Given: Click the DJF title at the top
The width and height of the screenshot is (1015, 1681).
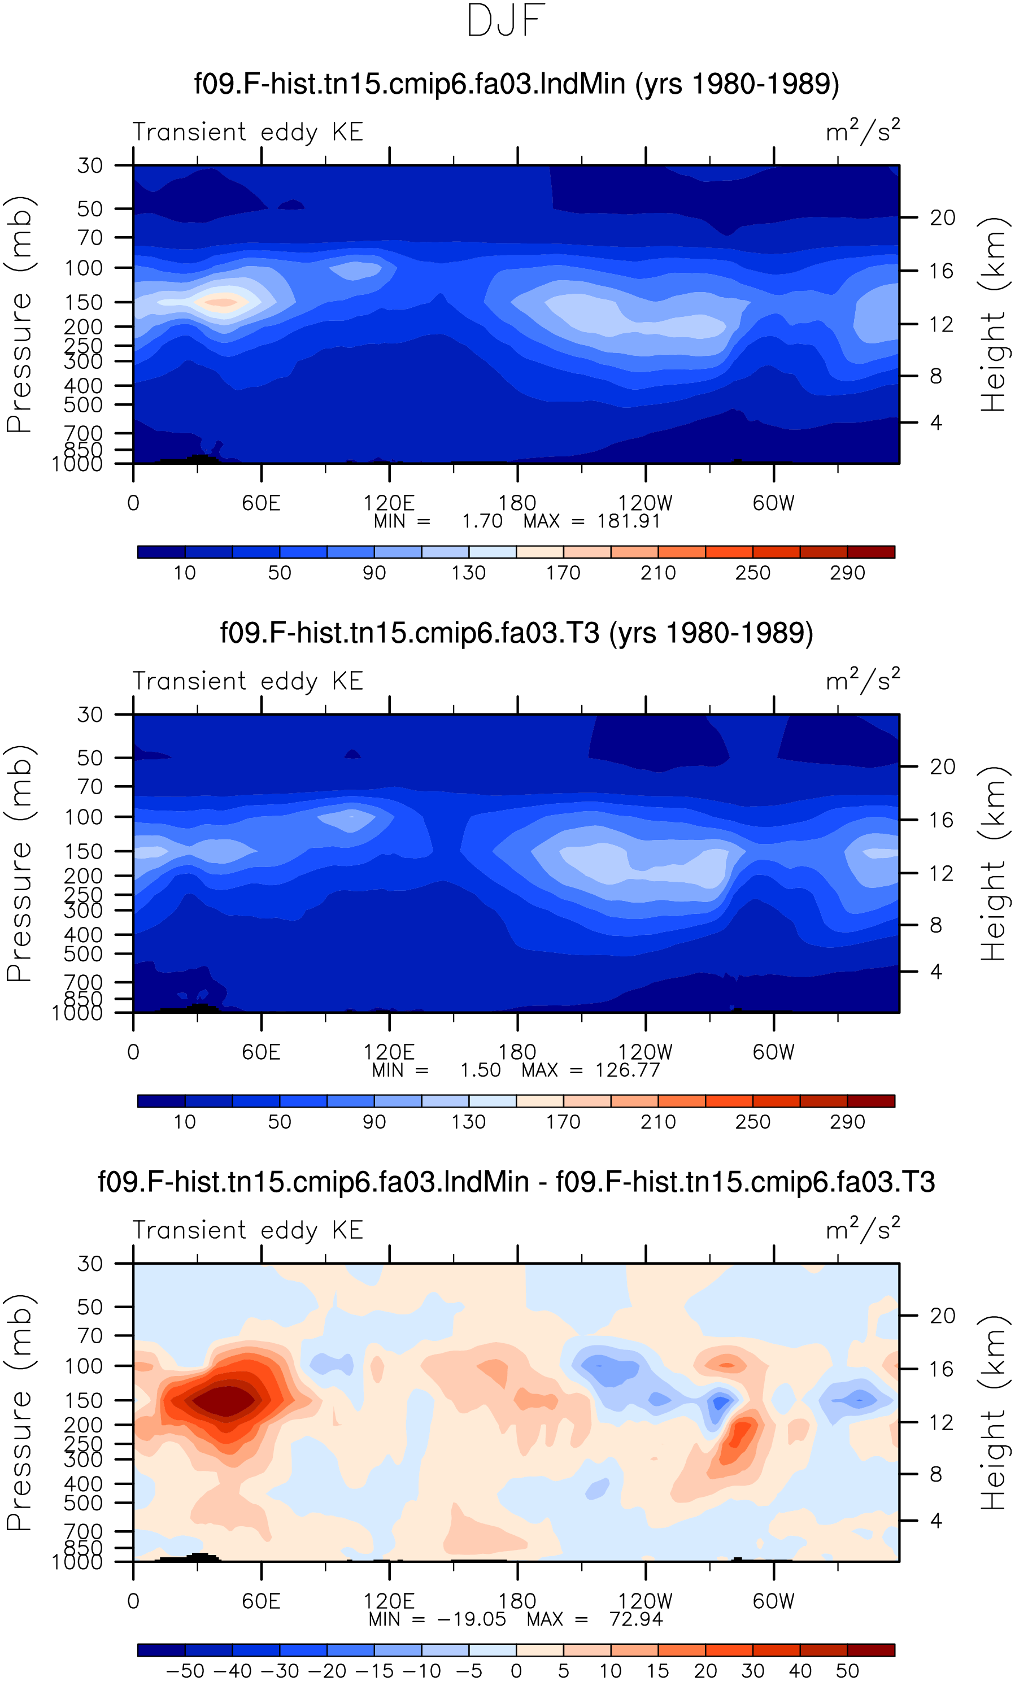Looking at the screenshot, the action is [506, 20].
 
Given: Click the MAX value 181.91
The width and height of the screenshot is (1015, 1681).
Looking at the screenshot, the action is [628, 521].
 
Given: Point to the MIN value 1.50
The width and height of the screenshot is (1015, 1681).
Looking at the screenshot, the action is [480, 1070].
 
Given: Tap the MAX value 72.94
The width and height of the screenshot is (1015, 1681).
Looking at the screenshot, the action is [636, 1619].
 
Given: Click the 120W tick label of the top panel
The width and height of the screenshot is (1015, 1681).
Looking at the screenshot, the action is [645, 503].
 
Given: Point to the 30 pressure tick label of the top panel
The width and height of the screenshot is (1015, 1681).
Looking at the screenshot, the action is [90, 165].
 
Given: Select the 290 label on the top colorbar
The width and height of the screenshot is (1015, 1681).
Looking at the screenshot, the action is [847, 573].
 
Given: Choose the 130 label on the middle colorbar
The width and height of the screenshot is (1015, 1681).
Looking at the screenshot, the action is [469, 1122].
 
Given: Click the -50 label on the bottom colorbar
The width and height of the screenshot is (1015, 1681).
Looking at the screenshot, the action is [185, 1671].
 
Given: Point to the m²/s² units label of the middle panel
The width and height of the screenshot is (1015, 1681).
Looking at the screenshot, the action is [863, 680].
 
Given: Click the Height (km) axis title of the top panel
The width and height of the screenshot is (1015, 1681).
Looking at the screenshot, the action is [994, 315].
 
